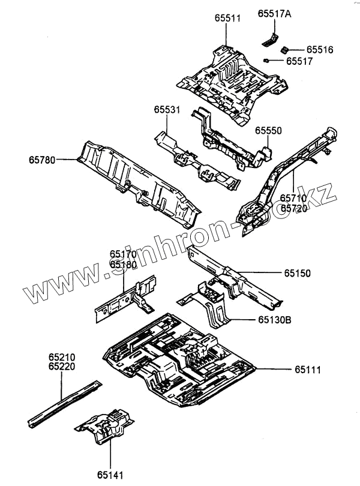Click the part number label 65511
click(x=227, y=19)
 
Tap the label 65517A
click(x=274, y=13)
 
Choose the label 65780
click(x=41, y=160)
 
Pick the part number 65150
click(x=298, y=274)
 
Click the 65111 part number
click(x=307, y=370)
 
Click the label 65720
click(x=295, y=208)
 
